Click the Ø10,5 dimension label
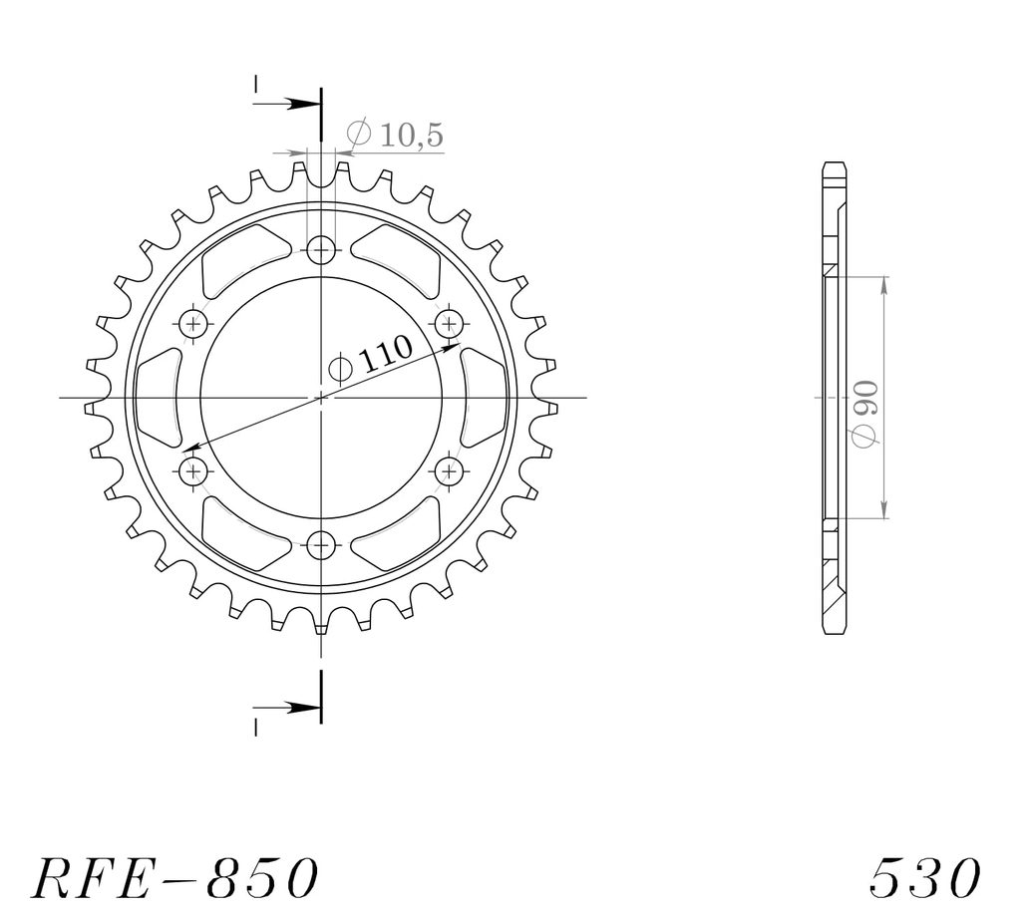(395, 134)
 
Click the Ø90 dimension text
(865, 415)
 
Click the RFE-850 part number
(174, 878)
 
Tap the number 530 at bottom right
(924, 878)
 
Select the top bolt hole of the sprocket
(321, 250)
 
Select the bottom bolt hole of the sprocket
(321, 544)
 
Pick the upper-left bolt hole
(193, 323)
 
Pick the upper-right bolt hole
(449, 323)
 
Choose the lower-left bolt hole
(193, 470)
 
